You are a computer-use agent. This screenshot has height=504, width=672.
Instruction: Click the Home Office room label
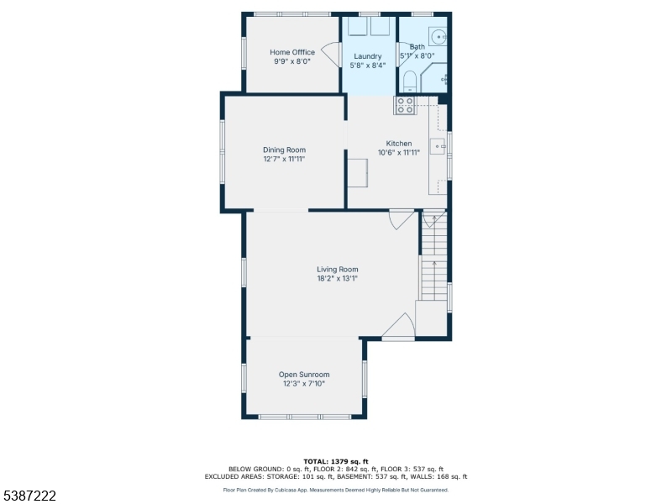[x=292, y=52]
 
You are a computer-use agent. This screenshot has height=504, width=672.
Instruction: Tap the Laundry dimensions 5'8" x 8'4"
[x=368, y=66]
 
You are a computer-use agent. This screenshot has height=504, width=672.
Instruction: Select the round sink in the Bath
[x=438, y=37]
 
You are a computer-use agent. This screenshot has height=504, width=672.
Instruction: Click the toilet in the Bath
[x=410, y=81]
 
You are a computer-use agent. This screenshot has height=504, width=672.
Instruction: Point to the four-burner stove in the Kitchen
[x=405, y=106]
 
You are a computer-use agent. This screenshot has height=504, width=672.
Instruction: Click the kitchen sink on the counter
[x=438, y=146]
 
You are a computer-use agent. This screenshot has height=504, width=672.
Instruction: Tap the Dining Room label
[x=285, y=150]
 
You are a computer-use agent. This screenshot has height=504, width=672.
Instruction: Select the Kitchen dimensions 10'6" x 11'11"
[x=399, y=153]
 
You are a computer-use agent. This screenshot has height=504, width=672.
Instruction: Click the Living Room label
[x=338, y=270]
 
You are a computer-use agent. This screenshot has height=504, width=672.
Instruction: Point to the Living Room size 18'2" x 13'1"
[x=338, y=279]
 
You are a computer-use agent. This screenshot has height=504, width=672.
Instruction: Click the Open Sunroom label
[x=304, y=375]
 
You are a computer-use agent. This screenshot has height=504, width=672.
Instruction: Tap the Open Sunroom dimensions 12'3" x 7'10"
[x=304, y=384]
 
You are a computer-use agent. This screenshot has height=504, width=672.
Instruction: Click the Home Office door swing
[x=331, y=54]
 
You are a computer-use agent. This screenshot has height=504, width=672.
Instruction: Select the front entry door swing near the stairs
[x=398, y=327]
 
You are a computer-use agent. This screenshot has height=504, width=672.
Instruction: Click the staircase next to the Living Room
[x=434, y=256]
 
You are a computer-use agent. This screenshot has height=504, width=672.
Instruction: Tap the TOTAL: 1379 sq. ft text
[x=336, y=461]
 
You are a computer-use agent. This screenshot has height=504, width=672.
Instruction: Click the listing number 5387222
[x=29, y=496]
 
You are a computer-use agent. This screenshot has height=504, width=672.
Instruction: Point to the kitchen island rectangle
[x=358, y=173]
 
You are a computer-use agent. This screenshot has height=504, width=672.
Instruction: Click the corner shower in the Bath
[x=434, y=77]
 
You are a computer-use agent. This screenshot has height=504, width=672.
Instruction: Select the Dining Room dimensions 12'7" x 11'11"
[x=285, y=159]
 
